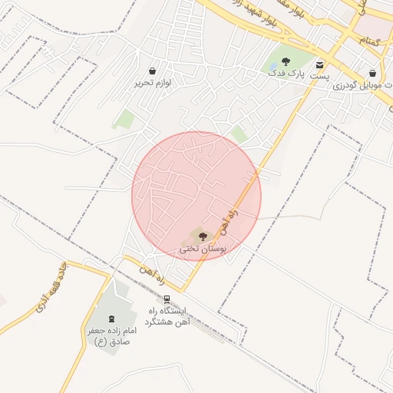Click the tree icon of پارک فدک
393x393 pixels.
(286, 60)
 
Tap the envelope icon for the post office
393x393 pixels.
(319, 64)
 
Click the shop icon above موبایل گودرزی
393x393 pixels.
(372, 73)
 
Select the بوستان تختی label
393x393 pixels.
(200, 249)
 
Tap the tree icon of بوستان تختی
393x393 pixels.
(203, 236)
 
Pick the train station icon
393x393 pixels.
(167, 299)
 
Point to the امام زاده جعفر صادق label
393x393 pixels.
(111, 335)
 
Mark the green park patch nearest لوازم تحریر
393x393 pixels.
(123, 119)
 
